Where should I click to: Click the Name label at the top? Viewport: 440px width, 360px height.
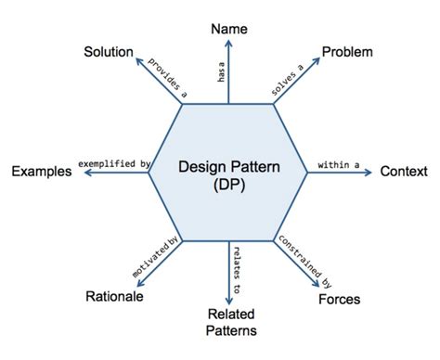click(x=229, y=29)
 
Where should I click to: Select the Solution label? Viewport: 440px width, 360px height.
click(x=109, y=51)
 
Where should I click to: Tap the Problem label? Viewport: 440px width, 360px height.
click(x=347, y=52)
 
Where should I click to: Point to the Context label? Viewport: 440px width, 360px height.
click(x=404, y=172)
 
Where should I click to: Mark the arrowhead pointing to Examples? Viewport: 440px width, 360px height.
click(x=81, y=172)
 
